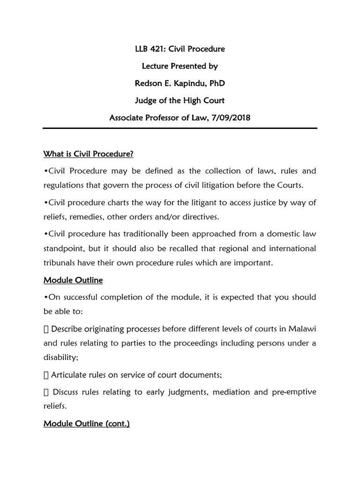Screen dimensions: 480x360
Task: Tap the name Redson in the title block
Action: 148,83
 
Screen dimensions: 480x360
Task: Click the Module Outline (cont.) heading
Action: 87,424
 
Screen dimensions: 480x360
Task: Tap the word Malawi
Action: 303,328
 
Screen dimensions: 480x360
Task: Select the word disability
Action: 60,357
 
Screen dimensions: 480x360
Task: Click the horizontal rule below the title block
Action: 180,128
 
